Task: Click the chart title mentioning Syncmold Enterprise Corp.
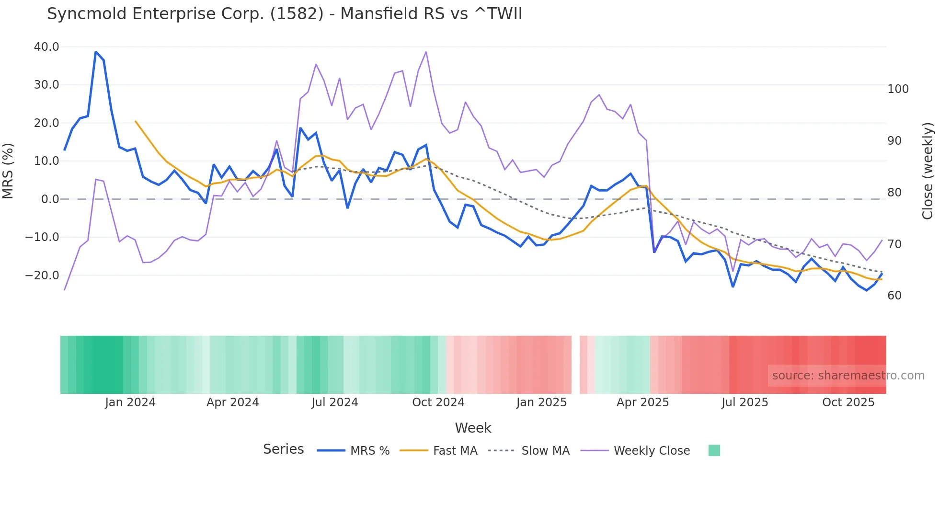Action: [x=285, y=14]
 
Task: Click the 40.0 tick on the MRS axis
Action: [x=46, y=47]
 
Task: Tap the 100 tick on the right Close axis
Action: [x=898, y=89]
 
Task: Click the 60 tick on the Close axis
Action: [x=894, y=296]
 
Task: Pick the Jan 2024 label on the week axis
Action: [x=130, y=402]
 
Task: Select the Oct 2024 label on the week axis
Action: [x=438, y=402]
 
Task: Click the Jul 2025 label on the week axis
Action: [x=744, y=402]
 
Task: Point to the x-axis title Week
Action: [x=473, y=428]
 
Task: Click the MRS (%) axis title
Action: [x=8, y=171]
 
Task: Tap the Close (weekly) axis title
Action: [x=928, y=171]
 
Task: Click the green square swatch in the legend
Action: [x=714, y=450]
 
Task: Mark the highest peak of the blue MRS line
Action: [x=96, y=52]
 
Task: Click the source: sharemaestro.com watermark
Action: [x=848, y=376]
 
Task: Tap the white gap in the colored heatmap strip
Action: [x=575, y=365]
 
